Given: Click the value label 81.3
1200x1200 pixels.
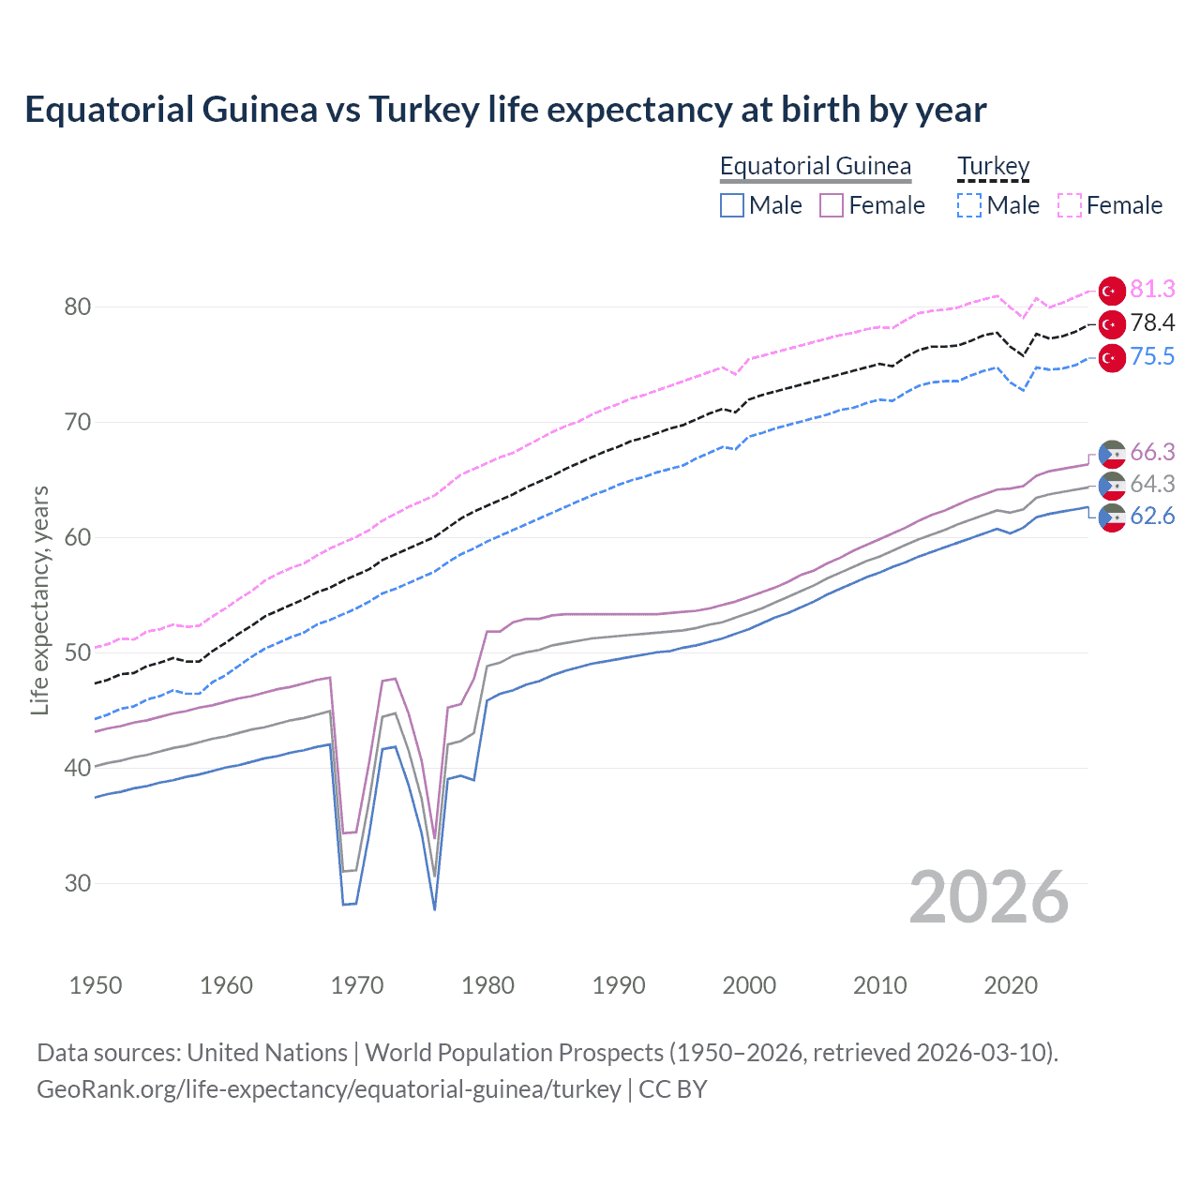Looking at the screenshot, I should click(1152, 289).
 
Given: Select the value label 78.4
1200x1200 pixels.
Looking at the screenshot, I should click(1152, 323).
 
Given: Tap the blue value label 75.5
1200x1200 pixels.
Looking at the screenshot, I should click(1152, 357).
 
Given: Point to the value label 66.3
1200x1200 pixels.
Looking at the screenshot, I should click(1152, 453).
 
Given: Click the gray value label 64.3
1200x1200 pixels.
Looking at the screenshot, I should click(1152, 485).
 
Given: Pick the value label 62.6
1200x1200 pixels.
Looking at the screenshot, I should click(1152, 517).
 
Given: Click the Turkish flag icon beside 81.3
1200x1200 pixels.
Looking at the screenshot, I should click(1112, 291).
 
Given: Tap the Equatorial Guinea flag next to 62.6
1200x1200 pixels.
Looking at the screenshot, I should click(1112, 517).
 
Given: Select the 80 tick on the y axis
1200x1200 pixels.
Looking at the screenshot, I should click(78, 307).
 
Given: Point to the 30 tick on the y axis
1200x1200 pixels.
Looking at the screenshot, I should click(78, 883).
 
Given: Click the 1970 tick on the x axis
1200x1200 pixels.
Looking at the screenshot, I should click(357, 985).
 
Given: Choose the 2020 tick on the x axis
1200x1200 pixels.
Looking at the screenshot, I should click(1011, 985).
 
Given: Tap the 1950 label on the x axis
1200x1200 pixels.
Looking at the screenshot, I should click(96, 985).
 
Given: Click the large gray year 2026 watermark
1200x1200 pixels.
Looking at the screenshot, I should click(989, 897).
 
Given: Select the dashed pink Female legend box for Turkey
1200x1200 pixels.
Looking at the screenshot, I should click(1070, 205).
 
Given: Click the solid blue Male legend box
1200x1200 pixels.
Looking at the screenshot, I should click(732, 205).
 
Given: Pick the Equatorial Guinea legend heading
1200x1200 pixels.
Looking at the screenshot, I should click(815, 166).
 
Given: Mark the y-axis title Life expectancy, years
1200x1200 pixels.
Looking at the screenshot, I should click(40, 600).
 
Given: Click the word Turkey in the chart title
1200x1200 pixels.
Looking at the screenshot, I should click(424, 110).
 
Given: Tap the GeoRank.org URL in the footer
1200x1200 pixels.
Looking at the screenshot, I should click(329, 1089).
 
